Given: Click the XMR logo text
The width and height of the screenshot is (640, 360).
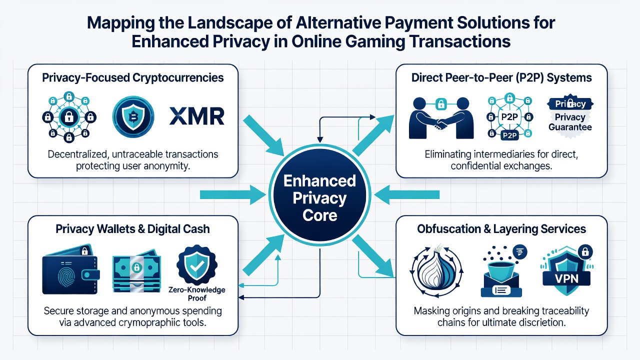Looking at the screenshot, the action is click(x=197, y=116).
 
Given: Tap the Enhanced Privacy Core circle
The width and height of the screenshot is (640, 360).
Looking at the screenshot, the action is click(x=319, y=195).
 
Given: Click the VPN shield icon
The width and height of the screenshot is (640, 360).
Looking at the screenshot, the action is click(x=566, y=270).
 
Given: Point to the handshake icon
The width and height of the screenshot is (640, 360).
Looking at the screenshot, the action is click(x=441, y=118).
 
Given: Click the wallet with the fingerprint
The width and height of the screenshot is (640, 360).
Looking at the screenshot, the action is click(x=71, y=270).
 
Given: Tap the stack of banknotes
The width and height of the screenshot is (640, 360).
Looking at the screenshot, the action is click(x=136, y=271).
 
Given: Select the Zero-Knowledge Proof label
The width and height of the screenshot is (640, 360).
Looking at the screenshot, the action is click(x=197, y=294).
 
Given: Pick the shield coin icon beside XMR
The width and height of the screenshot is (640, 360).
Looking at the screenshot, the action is click(x=133, y=117).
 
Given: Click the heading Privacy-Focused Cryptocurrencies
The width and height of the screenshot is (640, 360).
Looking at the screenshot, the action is click(x=133, y=77).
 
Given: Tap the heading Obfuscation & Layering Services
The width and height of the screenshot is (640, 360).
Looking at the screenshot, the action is click(x=501, y=229).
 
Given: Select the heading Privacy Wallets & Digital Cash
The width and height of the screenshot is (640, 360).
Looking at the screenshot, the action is click(x=132, y=229).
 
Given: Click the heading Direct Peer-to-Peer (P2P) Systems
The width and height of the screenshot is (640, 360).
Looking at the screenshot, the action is click(x=501, y=77).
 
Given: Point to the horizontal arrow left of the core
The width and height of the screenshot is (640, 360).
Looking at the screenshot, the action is click(x=232, y=195).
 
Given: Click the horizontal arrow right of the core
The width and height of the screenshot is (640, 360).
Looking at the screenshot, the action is click(x=407, y=195).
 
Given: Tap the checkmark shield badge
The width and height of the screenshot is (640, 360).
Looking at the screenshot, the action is click(x=197, y=265).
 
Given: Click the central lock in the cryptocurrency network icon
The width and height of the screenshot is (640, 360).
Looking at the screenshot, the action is click(x=69, y=117).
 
